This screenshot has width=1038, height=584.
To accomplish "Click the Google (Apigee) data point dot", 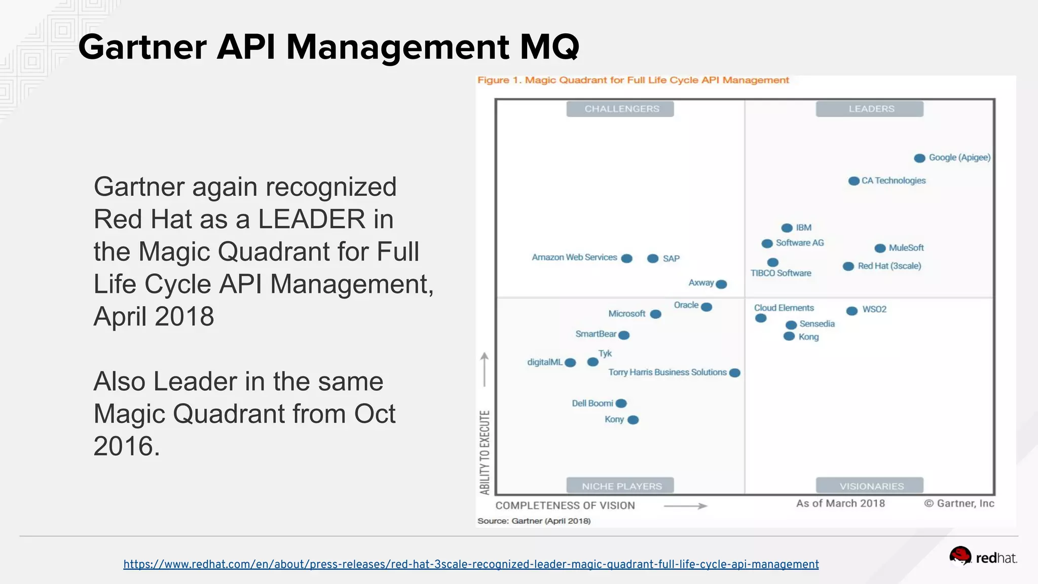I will (x=919, y=158).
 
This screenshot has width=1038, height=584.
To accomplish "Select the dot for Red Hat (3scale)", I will (x=848, y=267).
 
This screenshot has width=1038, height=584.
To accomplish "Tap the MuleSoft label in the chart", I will (x=906, y=248).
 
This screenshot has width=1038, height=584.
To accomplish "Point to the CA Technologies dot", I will (x=854, y=181).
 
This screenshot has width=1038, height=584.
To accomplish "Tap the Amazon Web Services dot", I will (x=627, y=259).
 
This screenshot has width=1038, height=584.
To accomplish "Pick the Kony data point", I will (x=633, y=420).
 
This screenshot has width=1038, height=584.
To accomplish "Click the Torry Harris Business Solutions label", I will (x=668, y=373).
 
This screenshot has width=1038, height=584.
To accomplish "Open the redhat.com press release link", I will (x=471, y=564).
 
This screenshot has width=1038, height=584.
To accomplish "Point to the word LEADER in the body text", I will (x=311, y=220).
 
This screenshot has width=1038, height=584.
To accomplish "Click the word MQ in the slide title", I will (x=549, y=47).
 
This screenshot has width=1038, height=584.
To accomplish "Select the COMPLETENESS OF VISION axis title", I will (x=565, y=505).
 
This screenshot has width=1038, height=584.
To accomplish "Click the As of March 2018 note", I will (x=840, y=503).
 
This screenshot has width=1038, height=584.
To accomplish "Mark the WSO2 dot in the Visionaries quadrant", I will (x=852, y=311).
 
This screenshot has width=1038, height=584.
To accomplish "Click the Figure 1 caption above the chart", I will (x=633, y=80).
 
